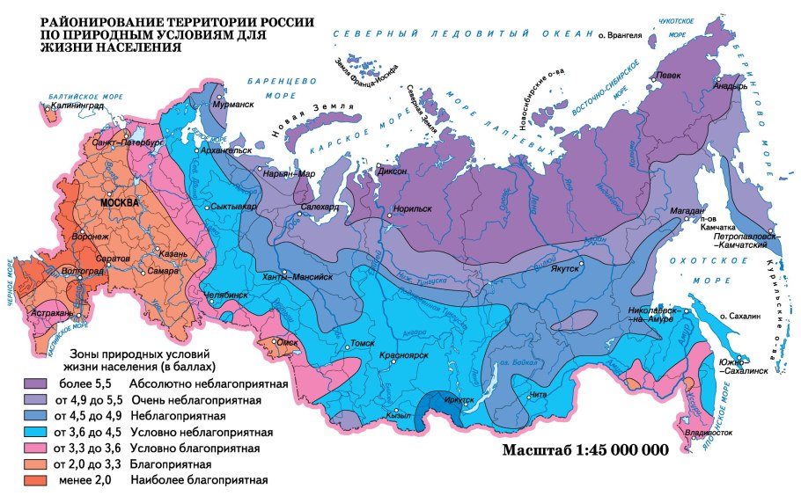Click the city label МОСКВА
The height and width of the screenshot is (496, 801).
pos(120,202)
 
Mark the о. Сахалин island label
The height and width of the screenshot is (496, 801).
pos(739,315)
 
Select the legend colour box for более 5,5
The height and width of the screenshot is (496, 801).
pos(36,384)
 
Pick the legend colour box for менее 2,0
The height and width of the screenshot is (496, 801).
pos(36,479)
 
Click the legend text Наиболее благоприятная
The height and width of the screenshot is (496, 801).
pos(198,480)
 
